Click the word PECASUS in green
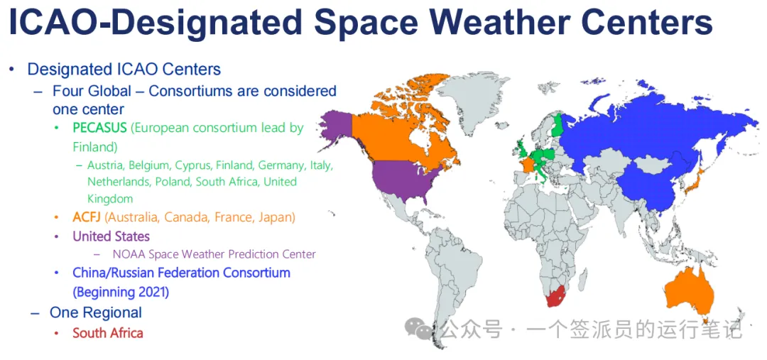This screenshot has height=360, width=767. [99, 128]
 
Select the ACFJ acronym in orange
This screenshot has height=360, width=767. [87, 217]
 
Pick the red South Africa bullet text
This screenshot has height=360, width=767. [108, 333]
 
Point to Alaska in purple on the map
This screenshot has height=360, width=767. [334, 128]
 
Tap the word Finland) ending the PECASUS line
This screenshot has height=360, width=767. [95, 147]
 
